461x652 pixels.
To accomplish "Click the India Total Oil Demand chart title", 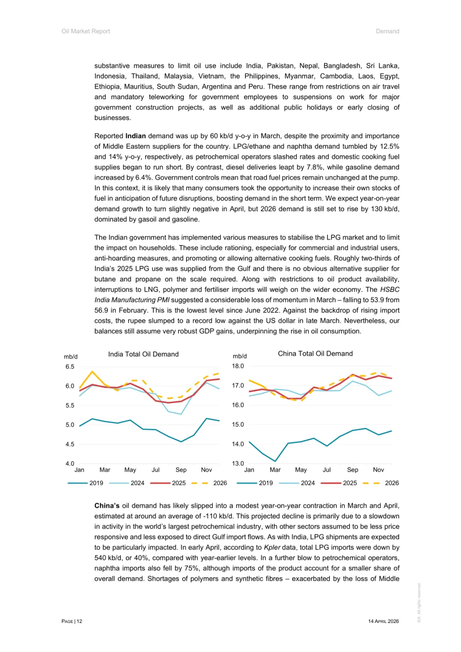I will (143, 354).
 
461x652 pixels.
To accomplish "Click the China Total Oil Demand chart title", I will (315, 354).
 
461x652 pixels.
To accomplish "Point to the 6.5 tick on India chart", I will (70, 367).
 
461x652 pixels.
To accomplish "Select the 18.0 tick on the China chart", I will (238, 366).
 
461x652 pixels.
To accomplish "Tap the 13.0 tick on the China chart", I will (238, 464).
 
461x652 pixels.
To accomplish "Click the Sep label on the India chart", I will (181, 470).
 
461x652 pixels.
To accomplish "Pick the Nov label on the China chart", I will (378, 470).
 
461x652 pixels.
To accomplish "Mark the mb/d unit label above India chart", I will (71, 357).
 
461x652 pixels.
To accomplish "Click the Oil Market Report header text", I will (86, 32).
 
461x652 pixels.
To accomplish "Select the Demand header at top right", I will (388, 32).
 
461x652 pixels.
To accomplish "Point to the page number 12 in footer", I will (79, 622).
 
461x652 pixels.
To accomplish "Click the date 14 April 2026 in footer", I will (383, 622).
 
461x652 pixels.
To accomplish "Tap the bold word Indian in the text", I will (136, 136).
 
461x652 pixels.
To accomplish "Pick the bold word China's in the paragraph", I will (107, 506).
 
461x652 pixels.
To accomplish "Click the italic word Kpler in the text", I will (272, 548).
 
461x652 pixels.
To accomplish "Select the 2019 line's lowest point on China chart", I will (275, 461).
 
